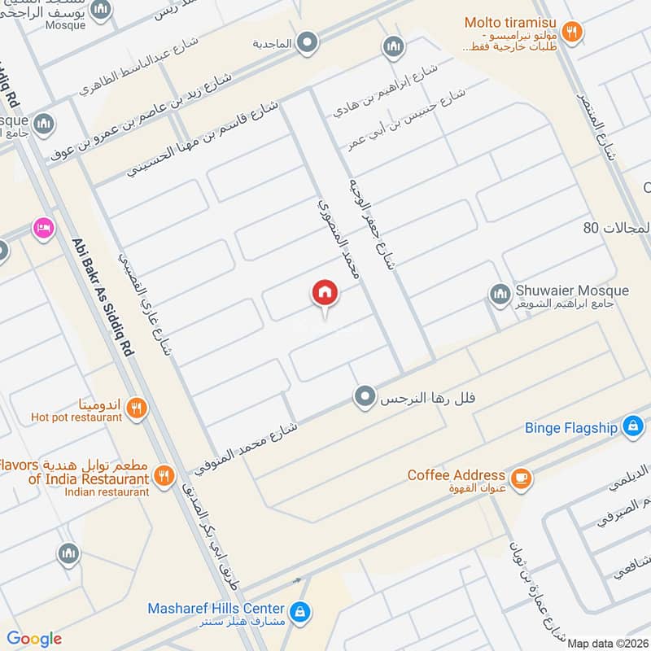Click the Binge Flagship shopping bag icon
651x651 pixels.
(x=631, y=426)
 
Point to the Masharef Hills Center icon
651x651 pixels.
(x=299, y=609)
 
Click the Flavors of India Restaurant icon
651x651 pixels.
(x=164, y=475)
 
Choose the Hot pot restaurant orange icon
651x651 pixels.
(x=137, y=409)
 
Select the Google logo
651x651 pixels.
(x=34, y=639)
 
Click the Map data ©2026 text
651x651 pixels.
(x=607, y=644)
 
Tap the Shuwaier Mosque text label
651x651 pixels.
(x=572, y=291)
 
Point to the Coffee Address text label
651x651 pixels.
(x=456, y=475)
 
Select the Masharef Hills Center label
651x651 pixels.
(x=216, y=609)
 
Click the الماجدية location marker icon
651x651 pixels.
(x=307, y=41)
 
